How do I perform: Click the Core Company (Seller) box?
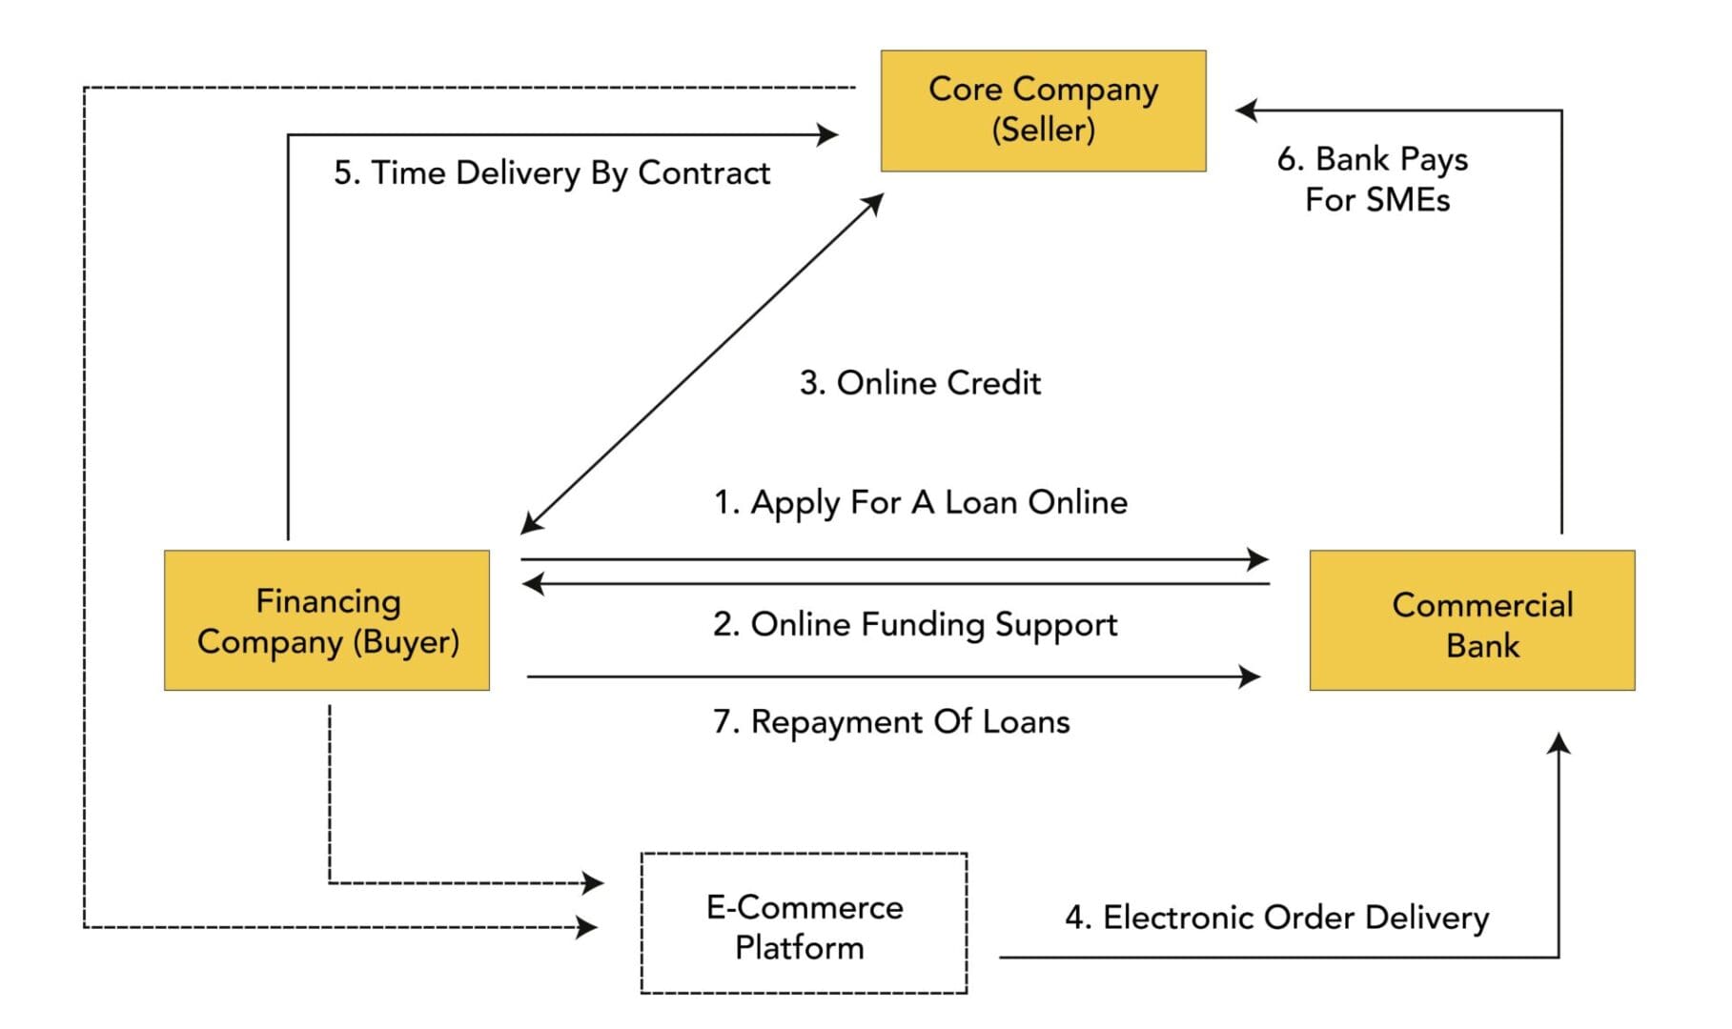click(x=1043, y=111)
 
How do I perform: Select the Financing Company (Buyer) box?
click(x=327, y=620)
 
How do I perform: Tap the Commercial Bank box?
click(x=1472, y=620)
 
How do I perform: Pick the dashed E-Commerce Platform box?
click(x=804, y=923)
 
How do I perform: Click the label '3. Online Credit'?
click(x=920, y=383)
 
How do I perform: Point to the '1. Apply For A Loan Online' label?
click(x=921, y=502)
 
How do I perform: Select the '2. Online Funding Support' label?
click(x=915, y=625)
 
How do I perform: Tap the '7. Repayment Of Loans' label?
click(x=891, y=722)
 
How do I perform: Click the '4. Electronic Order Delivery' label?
click(x=1276, y=918)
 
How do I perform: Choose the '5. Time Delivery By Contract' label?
click(x=552, y=173)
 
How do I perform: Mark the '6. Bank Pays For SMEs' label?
click(x=1374, y=179)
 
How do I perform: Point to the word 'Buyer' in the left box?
click(x=407, y=642)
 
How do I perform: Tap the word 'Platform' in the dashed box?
click(x=800, y=948)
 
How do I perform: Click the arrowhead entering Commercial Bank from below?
click(x=1559, y=743)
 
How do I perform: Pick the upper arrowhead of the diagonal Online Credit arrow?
click(x=874, y=203)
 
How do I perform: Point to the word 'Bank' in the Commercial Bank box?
click(x=1482, y=646)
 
